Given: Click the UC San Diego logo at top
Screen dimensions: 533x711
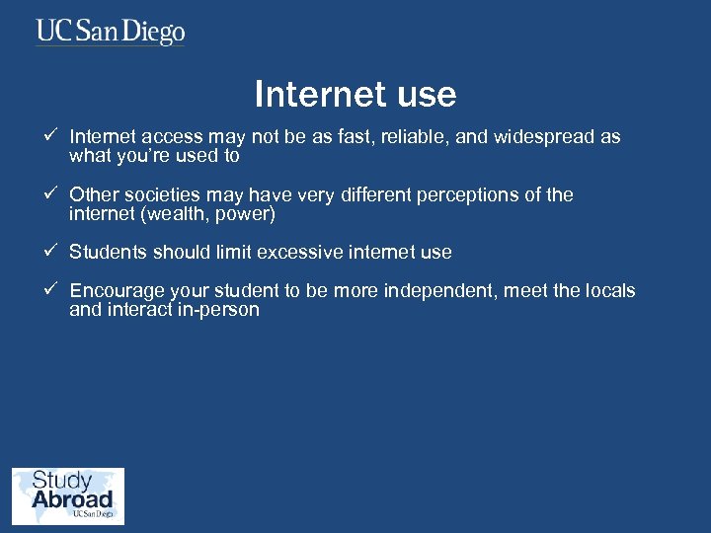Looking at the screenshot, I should (111, 33).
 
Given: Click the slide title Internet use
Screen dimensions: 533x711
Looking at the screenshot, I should (355, 94).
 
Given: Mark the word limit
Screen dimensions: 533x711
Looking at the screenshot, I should (234, 252).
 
